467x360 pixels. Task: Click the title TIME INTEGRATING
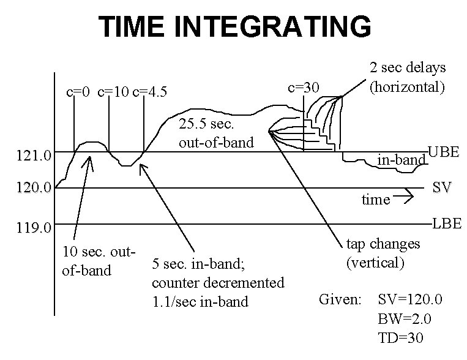coord(235,27)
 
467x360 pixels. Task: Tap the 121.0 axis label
coord(34,157)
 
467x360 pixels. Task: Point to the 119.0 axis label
coord(34,228)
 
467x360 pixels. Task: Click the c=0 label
coord(78,92)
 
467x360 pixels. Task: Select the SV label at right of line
coord(442,187)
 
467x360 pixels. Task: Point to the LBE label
coord(447,223)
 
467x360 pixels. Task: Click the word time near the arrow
coord(375,200)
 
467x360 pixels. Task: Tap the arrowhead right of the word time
coord(411,197)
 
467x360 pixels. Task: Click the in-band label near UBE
coord(401,160)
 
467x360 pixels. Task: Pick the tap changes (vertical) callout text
coord(383,253)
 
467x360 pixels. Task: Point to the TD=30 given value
coord(401,337)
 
